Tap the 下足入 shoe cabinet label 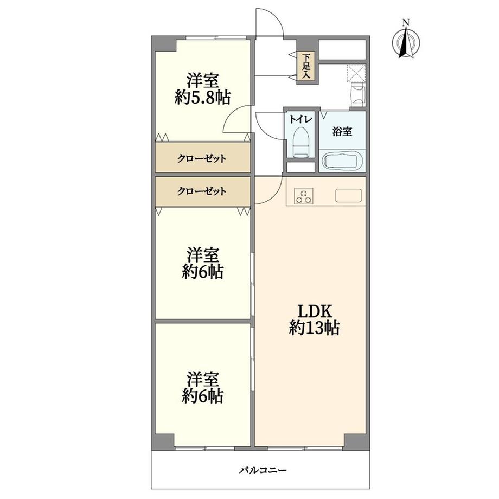point(306,67)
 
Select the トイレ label point(300,120)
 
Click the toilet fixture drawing point(300,142)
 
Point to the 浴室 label point(342,131)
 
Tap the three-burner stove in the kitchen point(304,196)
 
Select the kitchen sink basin point(348,195)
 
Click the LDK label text point(315,311)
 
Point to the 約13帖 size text point(315,328)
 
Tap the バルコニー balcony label point(263,470)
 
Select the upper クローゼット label point(202,158)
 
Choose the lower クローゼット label point(202,191)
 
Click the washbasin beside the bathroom point(358,94)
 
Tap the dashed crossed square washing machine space point(356,73)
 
